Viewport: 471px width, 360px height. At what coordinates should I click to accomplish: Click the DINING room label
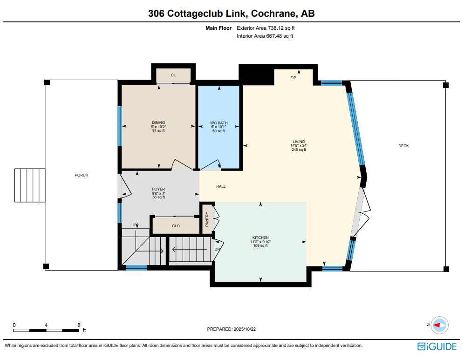click(158, 123)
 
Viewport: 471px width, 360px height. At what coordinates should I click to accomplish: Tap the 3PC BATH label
click(218, 123)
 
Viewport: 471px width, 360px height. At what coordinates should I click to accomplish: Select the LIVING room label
click(299, 142)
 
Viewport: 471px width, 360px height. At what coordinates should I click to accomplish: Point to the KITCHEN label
click(260, 238)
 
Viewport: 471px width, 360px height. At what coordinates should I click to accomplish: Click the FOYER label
click(158, 190)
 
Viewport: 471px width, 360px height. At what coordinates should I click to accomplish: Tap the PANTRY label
click(207, 219)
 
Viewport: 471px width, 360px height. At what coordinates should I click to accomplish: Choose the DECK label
click(403, 146)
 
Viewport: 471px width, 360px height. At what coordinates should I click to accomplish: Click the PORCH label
click(82, 175)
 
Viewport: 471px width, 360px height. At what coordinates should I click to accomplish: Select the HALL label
click(221, 186)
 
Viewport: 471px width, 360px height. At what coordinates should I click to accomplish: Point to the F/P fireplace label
click(294, 78)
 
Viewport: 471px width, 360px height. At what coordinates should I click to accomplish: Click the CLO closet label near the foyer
click(176, 226)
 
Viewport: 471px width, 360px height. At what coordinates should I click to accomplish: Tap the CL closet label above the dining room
click(173, 75)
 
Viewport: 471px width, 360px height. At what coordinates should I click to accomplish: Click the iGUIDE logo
click(437, 346)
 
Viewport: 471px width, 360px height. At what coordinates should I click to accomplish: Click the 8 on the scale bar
click(79, 325)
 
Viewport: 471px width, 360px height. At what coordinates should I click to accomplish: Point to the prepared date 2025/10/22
click(232, 329)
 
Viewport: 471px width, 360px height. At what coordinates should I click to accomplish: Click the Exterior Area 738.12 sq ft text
click(265, 28)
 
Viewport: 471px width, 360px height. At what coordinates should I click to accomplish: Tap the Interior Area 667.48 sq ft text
click(265, 36)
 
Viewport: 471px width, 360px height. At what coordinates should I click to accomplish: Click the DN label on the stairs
click(217, 249)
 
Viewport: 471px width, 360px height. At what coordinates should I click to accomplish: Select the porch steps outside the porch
click(30, 185)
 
